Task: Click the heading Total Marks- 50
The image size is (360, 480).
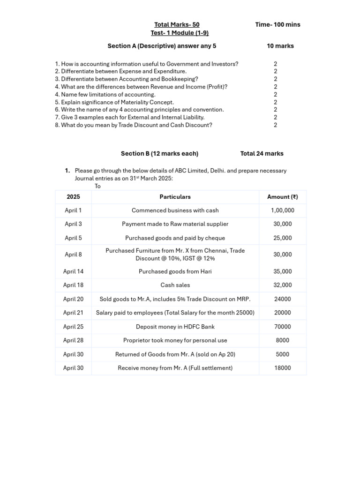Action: pos(180,24)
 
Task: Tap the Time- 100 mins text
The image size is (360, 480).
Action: pos(277,24)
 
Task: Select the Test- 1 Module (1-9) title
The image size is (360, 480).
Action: pos(180,33)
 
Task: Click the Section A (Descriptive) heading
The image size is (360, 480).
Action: pos(162,46)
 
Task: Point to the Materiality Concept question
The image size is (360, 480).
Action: pos(114,102)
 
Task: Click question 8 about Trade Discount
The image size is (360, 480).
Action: pos(133,125)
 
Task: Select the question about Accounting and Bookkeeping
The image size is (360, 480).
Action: pos(126,79)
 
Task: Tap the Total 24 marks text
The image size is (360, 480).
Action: pos(262,153)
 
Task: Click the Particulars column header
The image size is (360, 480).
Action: pos(175,197)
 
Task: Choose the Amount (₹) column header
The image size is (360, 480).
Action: pos(282,197)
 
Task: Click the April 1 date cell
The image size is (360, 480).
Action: pos(73,210)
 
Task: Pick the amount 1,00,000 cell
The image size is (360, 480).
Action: pos(282,210)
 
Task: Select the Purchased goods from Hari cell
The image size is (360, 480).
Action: pos(175,271)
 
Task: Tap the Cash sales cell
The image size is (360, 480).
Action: pos(175,285)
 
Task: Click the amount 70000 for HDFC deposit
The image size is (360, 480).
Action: pos(282,327)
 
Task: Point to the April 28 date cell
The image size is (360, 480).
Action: pos(73,340)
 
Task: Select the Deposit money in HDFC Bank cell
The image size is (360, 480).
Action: pos(175,327)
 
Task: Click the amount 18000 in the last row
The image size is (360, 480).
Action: pos(282,368)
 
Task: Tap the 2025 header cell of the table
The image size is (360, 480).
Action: pos(73,197)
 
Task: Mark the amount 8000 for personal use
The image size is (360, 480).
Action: pos(282,340)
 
